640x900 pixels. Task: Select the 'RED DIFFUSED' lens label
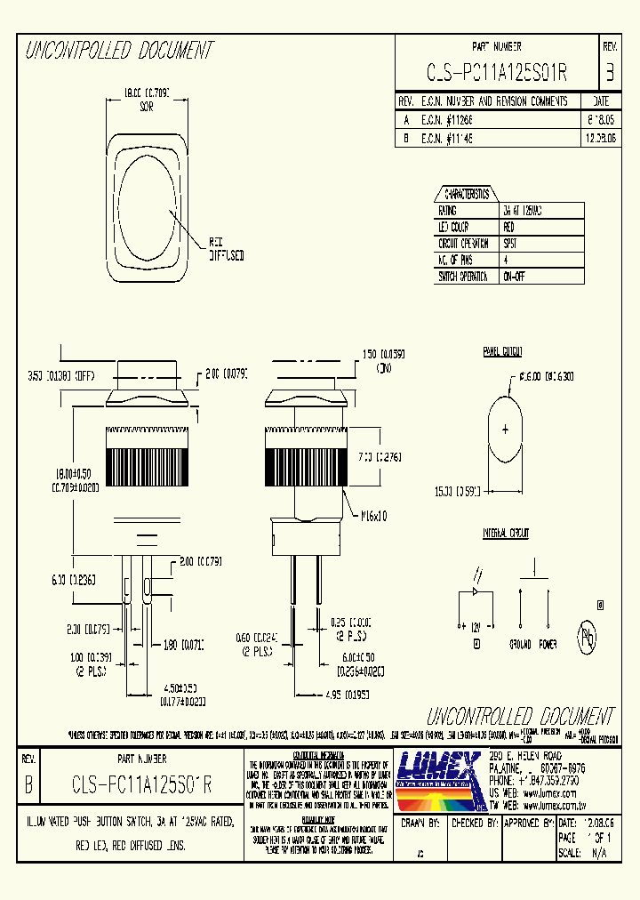click(227, 248)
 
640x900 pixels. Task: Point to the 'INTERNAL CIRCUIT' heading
click(506, 534)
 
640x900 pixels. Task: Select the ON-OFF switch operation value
click(515, 277)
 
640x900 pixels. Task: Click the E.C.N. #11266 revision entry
click(449, 118)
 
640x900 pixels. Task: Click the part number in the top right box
click(497, 73)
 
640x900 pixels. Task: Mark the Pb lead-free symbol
click(588, 636)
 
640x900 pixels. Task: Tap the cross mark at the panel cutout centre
click(506, 430)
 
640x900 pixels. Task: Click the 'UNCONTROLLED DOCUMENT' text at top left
click(119, 51)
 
